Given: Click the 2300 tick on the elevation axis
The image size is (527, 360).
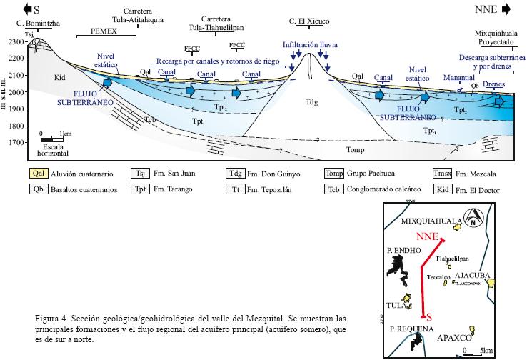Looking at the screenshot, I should click(x=16, y=42).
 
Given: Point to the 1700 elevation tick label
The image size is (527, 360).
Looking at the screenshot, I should click(x=16, y=143).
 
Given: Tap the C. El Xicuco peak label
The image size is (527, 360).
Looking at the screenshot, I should click(x=308, y=21).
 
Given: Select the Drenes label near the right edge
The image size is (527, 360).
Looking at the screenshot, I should click(x=493, y=84).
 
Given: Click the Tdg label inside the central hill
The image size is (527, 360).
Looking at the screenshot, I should click(x=311, y=101).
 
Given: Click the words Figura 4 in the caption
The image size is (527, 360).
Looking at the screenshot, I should click(x=50, y=317).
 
